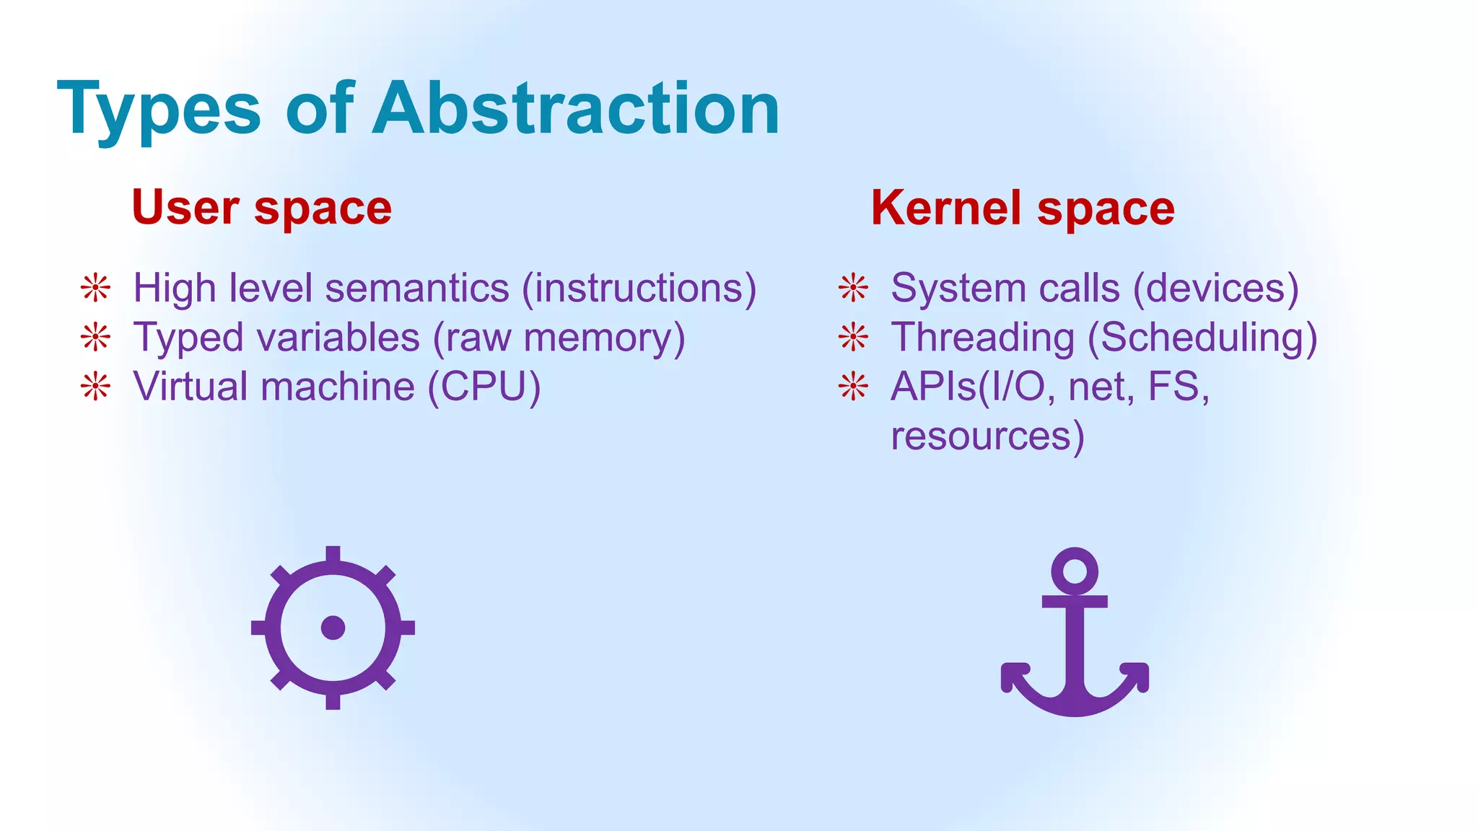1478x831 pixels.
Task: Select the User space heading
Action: (x=261, y=208)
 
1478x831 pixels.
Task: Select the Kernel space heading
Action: (x=1023, y=208)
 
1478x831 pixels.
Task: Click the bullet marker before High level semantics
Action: (x=95, y=288)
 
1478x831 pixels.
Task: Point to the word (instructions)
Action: (x=639, y=288)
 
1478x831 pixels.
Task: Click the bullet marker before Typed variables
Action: (x=95, y=337)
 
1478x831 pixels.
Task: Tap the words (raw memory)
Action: (x=559, y=337)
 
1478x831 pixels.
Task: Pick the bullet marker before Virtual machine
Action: (x=95, y=387)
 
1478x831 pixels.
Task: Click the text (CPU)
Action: (x=484, y=387)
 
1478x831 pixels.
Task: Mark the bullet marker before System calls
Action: (x=853, y=288)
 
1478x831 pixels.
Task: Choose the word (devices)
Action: (x=1216, y=288)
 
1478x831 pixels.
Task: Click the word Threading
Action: (x=983, y=337)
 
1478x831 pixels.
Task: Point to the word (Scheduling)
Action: (x=1202, y=337)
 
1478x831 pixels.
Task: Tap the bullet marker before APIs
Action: (x=853, y=387)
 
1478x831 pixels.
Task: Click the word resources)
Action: (x=987, y=436)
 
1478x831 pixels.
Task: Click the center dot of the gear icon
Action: (x=333, y=628)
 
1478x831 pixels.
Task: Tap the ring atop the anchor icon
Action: (x=1075, y=571)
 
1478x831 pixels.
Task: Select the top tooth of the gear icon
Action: (x=333, y=554)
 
